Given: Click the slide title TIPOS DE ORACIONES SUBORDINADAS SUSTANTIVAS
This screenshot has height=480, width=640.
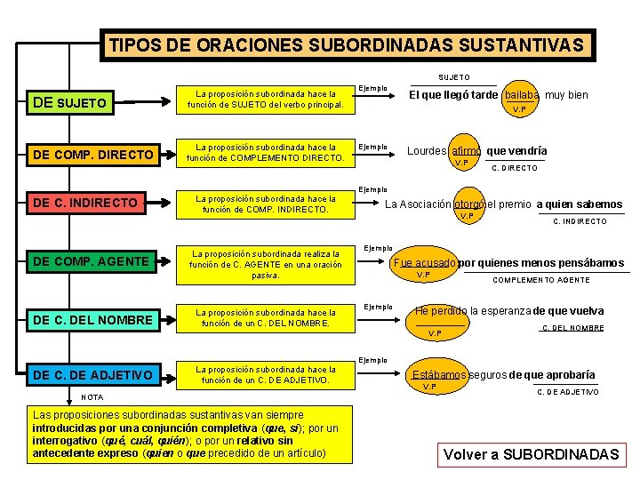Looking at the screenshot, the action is (x=346, y=45).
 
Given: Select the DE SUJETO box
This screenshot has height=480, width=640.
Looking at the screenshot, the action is (x=94, y=102).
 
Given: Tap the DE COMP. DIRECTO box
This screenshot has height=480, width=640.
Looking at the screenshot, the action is (x=94, y=156).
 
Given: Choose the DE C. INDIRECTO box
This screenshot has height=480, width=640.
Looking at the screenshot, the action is (x=94, y=203).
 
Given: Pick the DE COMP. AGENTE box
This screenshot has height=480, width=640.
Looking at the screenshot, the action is (x=94, y=260).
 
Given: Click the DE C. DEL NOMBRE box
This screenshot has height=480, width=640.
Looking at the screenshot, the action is (x=94, y=319).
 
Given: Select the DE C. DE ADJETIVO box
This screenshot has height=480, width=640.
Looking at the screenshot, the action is (x=94, y=374).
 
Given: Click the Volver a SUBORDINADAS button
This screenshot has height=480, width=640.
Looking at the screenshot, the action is (x=532, y=454).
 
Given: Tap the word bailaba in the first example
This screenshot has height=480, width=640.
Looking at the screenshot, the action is (x=521, y=95).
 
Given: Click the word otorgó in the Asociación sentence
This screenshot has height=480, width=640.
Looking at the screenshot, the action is (x=468, y=204).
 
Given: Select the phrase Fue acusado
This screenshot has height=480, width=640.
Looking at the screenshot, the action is (x=424, y=263).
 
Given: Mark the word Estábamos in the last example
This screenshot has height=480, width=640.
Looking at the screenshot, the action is (x=439, y=374).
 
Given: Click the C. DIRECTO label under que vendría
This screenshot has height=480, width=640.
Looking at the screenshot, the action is (x=515, y=167).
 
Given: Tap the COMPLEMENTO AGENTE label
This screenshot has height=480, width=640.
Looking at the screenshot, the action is (x=542, y=280).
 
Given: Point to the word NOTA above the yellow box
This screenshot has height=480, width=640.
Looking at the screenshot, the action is (x=92, y=396).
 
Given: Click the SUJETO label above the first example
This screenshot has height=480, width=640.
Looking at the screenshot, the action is (x=454, y=77).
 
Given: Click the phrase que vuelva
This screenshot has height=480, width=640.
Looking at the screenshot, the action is (x=575, y=311).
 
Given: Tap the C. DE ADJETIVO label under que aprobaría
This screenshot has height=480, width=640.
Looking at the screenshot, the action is (x=568, y=391).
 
